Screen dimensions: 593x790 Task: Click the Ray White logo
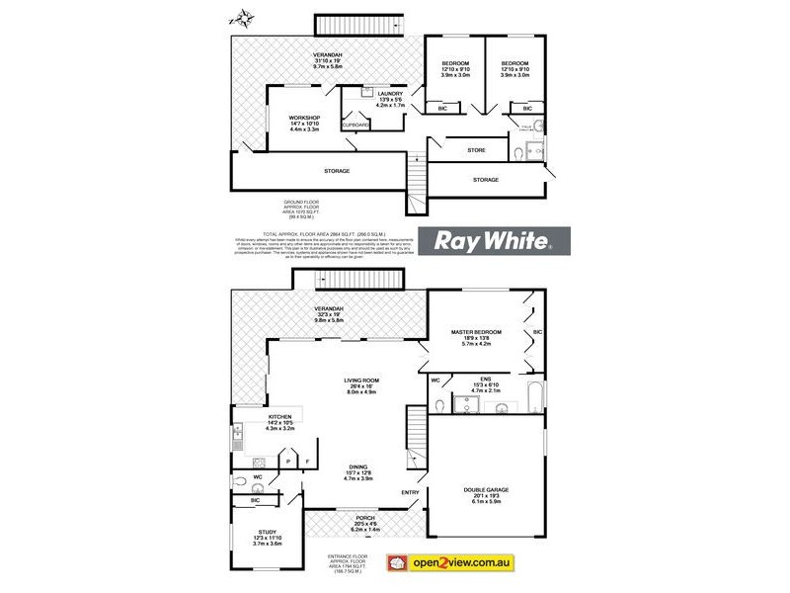488,241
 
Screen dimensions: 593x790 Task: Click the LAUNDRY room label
390,93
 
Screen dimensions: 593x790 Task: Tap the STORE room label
476,150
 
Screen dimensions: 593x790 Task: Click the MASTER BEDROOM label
476,331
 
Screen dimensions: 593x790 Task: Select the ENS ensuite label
484,379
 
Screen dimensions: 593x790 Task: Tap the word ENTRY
409,491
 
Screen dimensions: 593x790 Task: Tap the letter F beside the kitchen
307,462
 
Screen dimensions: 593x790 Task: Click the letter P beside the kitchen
286,462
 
